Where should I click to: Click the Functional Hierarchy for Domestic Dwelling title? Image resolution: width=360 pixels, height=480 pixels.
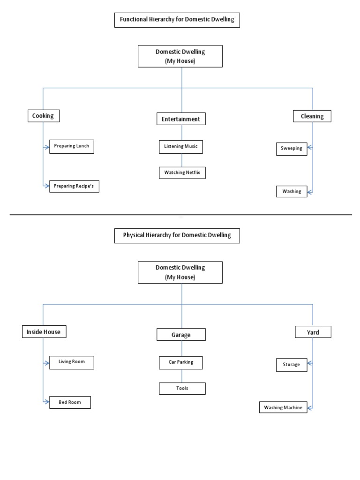point(177,20)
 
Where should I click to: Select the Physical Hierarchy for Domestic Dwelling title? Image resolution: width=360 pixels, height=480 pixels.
point(177,235)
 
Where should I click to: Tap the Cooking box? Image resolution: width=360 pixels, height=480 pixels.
point(43,116)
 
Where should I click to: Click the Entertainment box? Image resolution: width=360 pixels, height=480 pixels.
point(180,119)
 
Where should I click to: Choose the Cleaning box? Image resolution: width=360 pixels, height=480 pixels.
point(312,116)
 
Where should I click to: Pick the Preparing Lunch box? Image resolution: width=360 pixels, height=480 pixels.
point(71,146)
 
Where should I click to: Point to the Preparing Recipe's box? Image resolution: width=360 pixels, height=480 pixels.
point(74,186)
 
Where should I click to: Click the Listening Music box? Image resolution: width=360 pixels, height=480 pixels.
point(180,147)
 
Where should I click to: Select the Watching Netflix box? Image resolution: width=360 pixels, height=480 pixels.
point(182,172)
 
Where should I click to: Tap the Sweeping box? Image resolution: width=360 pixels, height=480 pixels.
point(292,149)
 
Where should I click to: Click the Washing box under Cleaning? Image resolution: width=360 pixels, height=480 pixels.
point(292,191)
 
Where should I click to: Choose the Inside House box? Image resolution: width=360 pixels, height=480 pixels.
point(44,332)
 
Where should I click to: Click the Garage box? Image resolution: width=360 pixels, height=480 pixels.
point(180,335)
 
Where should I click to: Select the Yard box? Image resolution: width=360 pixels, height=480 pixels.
point(313,332)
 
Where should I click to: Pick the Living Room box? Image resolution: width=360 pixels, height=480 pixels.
point(71,362)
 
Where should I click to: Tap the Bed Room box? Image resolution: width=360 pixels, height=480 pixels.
point(70,402)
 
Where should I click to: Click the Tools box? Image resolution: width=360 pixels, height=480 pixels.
point(182,388)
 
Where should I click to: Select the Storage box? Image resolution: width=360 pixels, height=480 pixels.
point(292,365)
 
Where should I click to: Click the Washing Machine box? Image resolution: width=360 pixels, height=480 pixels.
point(284,407)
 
